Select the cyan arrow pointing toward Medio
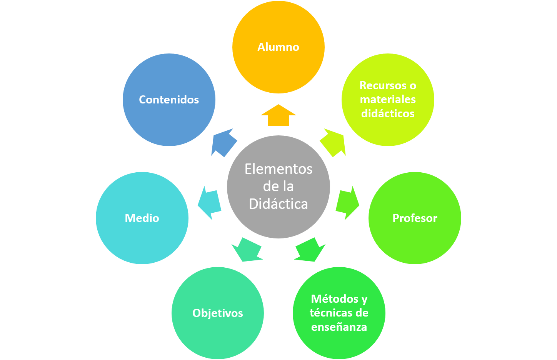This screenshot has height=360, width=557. [209, 203]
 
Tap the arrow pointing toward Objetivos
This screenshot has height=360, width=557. [247, 250]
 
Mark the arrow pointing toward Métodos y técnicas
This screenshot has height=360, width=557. [310, 250]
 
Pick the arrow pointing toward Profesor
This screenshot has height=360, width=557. [347, 203]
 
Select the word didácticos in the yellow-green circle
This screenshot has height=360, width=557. [388, 113]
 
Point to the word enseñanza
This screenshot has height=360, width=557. [339, 327]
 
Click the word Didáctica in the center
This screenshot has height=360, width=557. [278, 204]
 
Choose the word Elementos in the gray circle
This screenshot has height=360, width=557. [278, 169]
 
